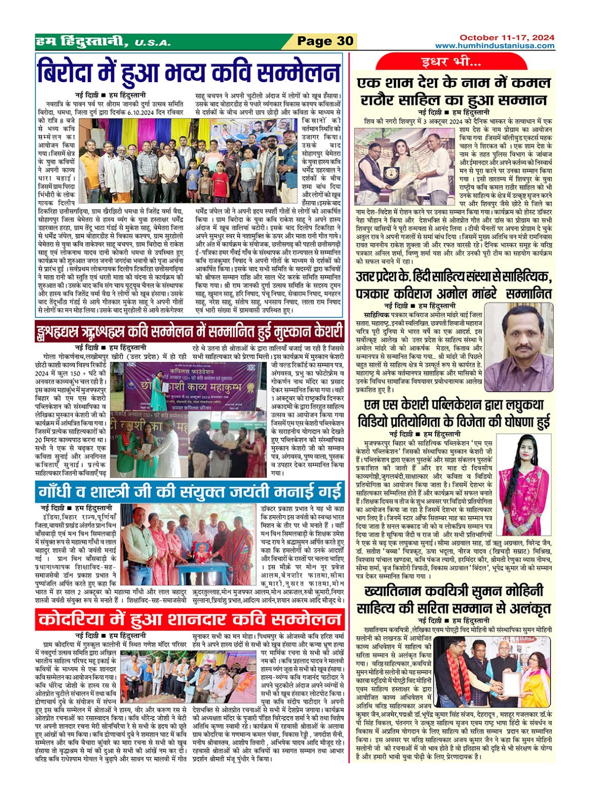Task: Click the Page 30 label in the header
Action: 324,42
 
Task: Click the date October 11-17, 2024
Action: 506,37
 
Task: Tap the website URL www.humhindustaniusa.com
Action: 494,46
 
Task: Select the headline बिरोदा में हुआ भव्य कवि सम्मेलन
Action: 189,73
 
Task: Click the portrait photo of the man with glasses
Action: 518,347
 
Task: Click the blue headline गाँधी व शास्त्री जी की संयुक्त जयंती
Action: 189,491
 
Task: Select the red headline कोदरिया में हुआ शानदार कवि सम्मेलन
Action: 189,619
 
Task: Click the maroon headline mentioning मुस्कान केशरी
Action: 189,331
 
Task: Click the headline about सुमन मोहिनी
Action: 454,599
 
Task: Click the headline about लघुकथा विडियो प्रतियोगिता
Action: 454,413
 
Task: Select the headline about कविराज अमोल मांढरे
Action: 454,285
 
